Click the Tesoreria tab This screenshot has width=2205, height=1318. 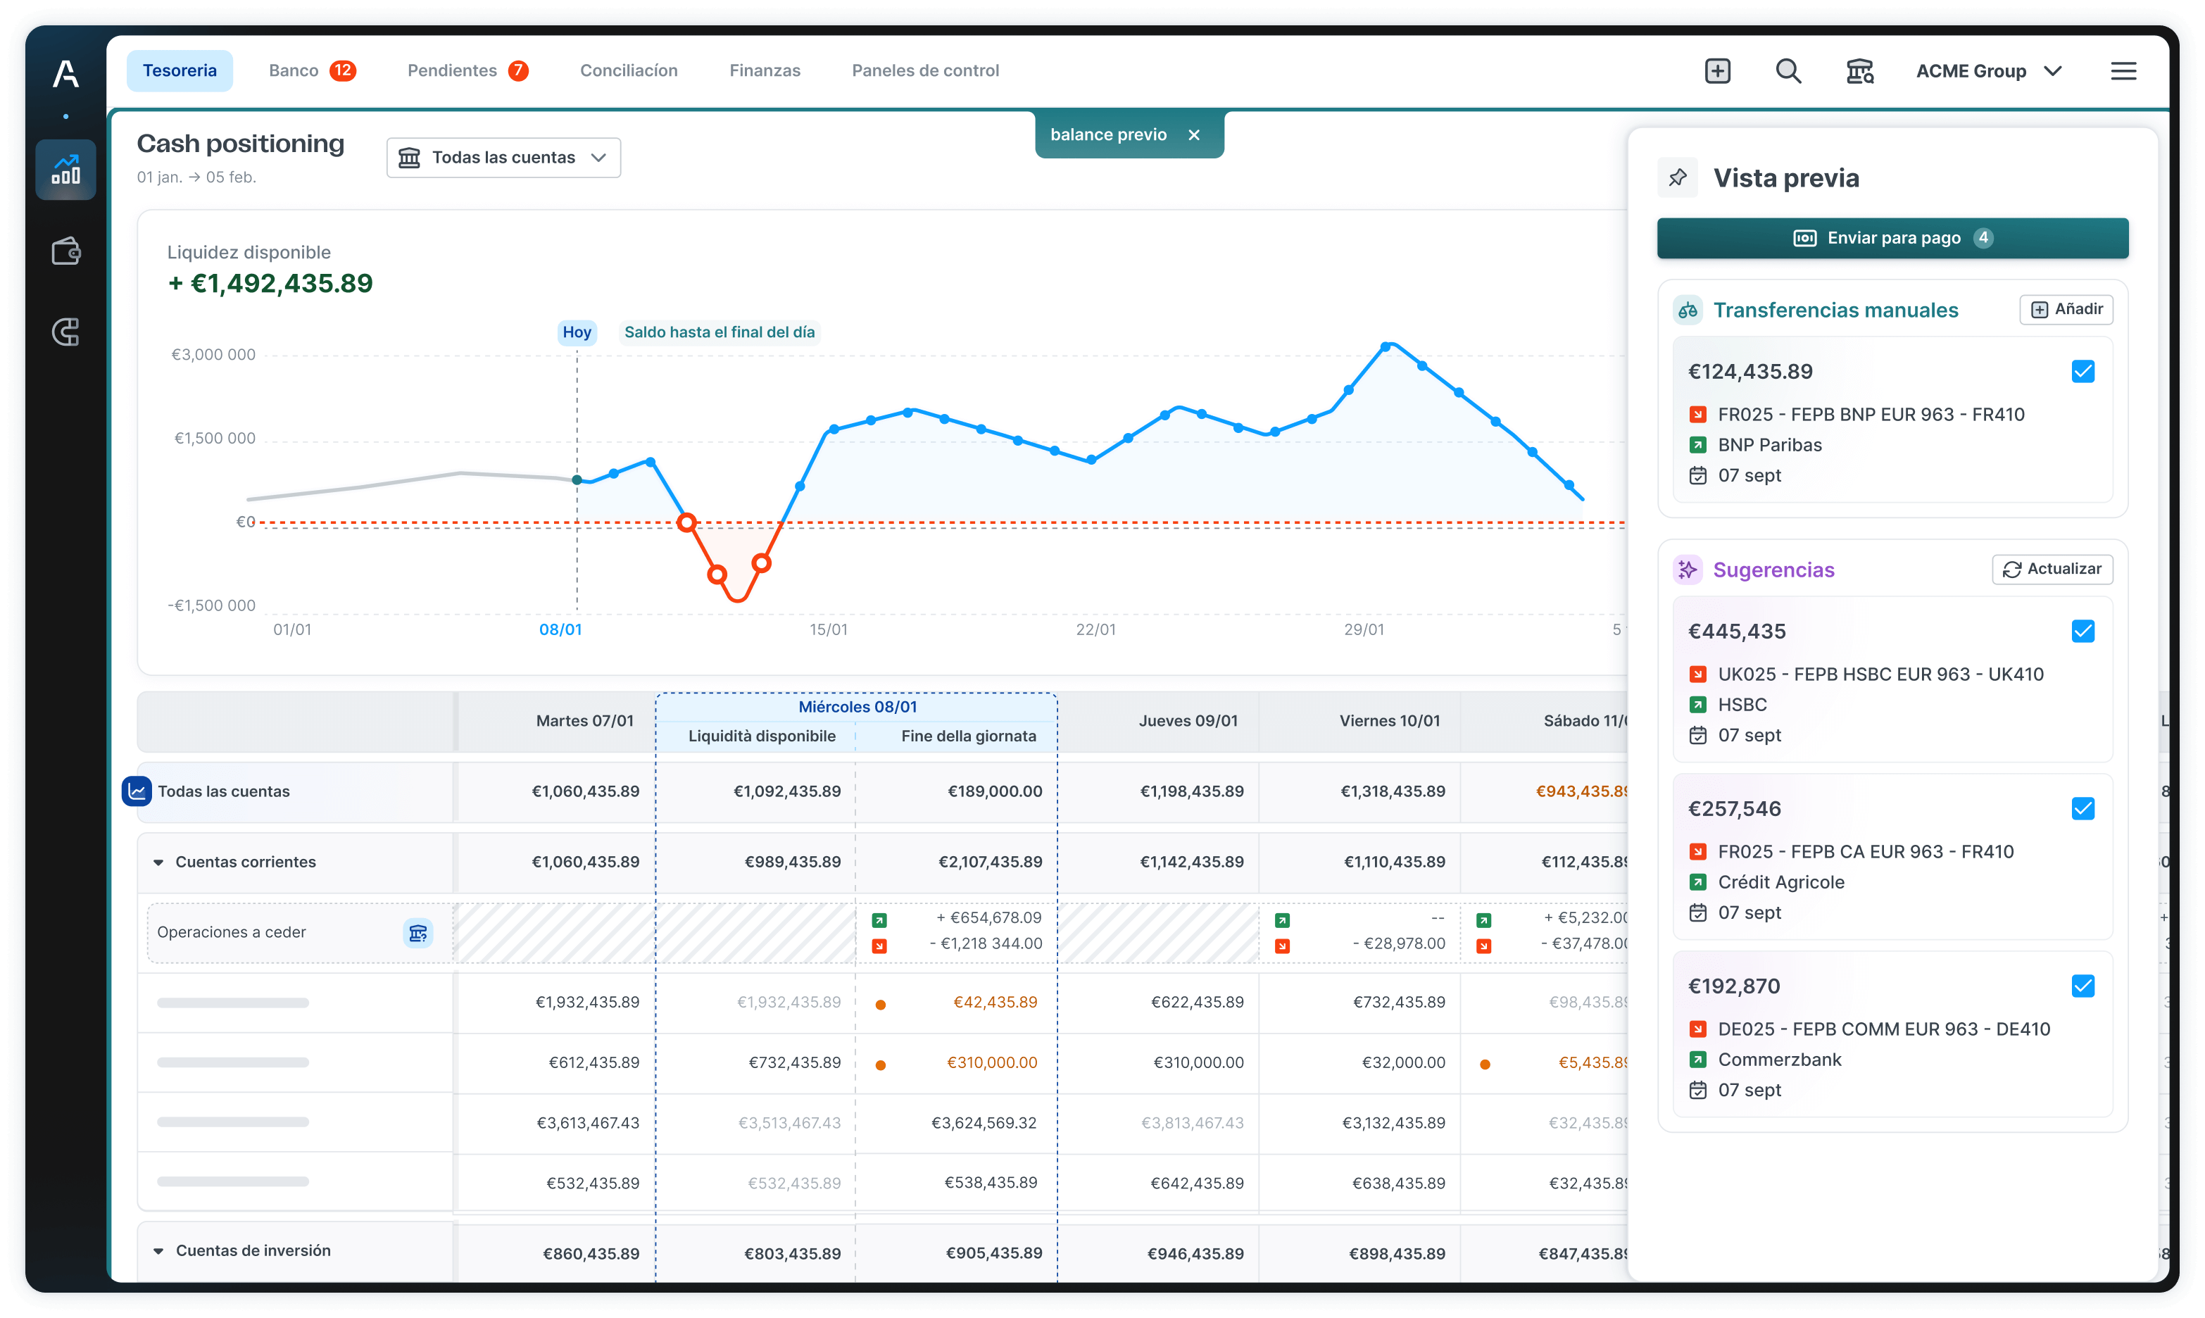pyautogui.click(x=180, y=70)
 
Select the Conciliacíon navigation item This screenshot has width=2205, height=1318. pyautogui.click(x=628, y=70)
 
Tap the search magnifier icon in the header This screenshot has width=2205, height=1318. pyautogui.click(x=1788, y=71)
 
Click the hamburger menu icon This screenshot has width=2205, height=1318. pyautogui.click(x=2123, y=71)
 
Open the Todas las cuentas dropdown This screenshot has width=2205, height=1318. pyautogui.click(x=503, y=157)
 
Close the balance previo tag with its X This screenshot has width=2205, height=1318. pyautogui.click(x=1195, y=135)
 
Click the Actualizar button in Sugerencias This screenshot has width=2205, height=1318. pyautogui.click(x=2052, y=570)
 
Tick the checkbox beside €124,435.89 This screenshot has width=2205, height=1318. pyautogui.click(x=2082, y=371)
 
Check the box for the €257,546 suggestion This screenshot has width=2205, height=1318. pyautogui.click(x=2082, y=808)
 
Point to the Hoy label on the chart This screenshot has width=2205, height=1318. pyautogui.click(x=577, y=332)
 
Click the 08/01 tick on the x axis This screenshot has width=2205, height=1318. pyautogui.click(x=560, y=629)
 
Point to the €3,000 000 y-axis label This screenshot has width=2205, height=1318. pyautogui.click(x=213, y=354)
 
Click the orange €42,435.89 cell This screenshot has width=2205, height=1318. pyautogui.click(x=995, y=1002)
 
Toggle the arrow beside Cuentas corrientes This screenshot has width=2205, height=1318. pyautogui.click(x=158, y=862)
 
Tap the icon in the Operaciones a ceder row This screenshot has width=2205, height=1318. pyautogui.click(x=417, y=933)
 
